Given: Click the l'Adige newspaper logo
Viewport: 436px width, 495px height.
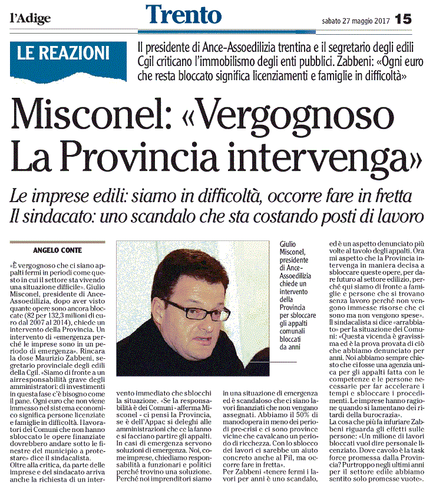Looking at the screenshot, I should click(x=30, y=18).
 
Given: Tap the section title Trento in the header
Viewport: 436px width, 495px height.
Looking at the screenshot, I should click(x=183, y=15).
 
